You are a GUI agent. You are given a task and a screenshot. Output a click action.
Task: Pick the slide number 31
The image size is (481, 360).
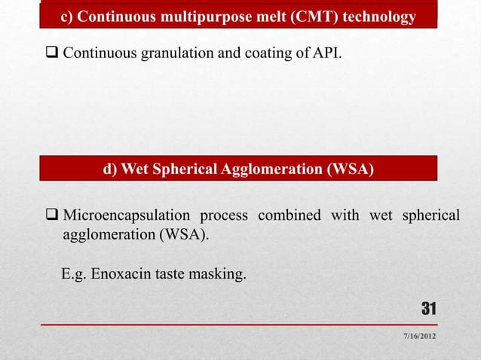(x=429, y=308)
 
